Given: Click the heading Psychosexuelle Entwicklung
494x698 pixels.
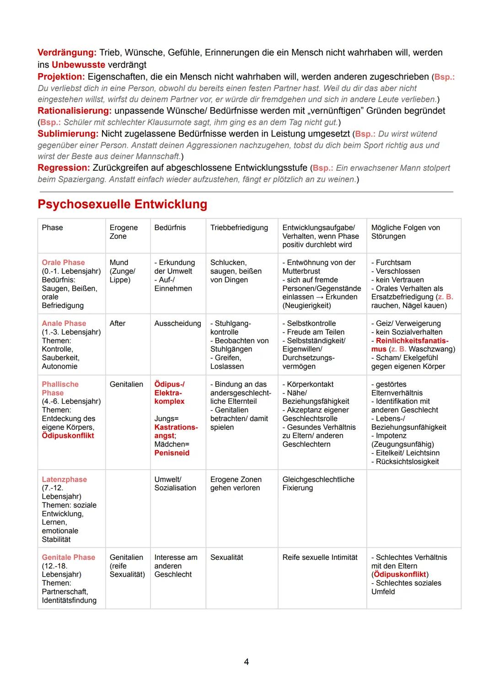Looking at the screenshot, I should coord(122,204).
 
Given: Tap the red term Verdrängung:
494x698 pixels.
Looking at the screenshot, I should coord(67,53).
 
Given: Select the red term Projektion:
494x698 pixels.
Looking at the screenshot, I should coord(61,76).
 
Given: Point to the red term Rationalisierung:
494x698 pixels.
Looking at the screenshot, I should coord(75,111).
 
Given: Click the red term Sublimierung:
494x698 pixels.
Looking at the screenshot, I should coord(68,134).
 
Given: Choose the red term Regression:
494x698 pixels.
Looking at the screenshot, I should coord(64,168).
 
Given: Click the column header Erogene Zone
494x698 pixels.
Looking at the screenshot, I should coord(123,232).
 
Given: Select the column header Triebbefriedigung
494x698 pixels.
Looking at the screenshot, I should coord(239,228).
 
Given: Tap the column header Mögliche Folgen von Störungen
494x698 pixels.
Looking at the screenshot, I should coord(405,232).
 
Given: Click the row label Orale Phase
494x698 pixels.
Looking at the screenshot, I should coord(63,263).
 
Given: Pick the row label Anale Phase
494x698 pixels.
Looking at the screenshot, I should coord(64,324).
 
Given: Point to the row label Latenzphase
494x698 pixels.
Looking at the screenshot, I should coord(64,480).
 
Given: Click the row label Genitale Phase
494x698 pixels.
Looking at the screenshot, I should coord(68,557).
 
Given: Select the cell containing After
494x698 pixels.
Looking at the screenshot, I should coord(118,324).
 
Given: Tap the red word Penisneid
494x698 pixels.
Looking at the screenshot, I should coord(172,453).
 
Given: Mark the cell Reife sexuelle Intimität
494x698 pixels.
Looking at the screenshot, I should coord(320,557).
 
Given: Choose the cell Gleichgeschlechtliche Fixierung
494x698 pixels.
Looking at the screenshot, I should coord(318,484).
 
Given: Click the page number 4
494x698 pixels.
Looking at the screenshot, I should coord(247,662).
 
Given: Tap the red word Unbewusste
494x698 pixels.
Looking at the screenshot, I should coord(78,65).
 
